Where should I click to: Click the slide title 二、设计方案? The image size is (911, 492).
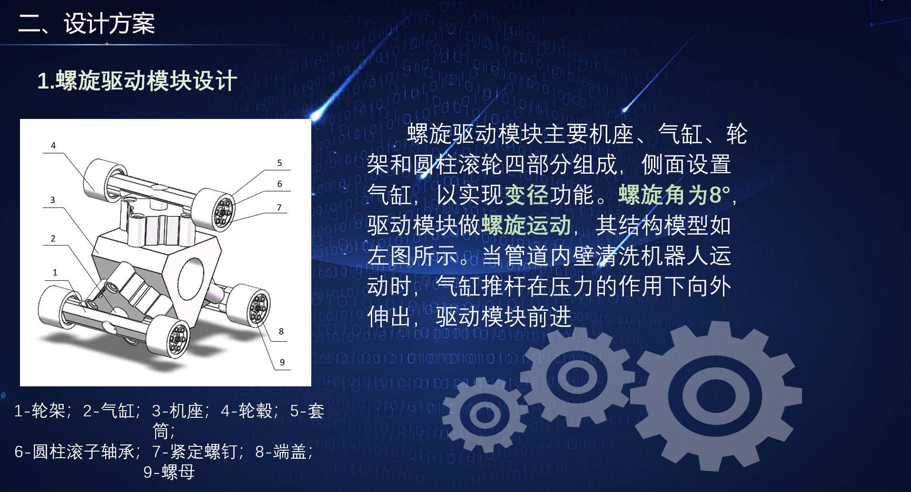coord(87,23)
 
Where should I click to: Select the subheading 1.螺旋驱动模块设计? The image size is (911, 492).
coord(137,80)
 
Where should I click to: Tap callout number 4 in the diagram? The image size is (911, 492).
coord(53,146)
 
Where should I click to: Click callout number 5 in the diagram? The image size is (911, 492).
coord(280,163)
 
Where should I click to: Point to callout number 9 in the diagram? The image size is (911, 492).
coord(282,362)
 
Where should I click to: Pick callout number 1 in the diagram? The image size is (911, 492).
coord(55,273)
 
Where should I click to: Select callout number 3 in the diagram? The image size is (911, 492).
coord(53,200)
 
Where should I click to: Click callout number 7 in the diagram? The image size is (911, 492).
coord(279,207)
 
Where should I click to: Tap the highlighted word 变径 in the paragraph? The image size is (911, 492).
coord(527,195)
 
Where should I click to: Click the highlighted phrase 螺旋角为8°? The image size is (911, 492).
coord(674,195)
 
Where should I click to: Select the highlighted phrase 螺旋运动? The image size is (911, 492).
coord(526,225)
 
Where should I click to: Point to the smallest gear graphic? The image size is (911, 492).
coord(485,414)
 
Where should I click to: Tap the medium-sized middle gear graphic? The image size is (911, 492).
coord(577,377)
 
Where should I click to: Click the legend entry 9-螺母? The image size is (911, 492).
coord(169,472)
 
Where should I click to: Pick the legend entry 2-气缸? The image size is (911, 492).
coord(109,410)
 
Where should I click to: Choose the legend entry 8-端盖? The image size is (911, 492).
coord(281,451)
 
